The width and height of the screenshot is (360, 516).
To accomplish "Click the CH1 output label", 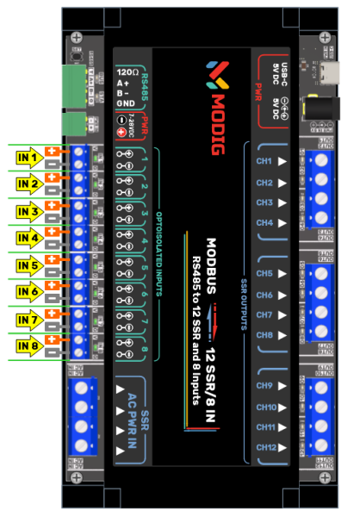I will point(264,161).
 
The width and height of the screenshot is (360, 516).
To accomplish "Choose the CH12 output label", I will point(264,447).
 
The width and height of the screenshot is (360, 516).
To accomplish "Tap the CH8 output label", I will point(264,335).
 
